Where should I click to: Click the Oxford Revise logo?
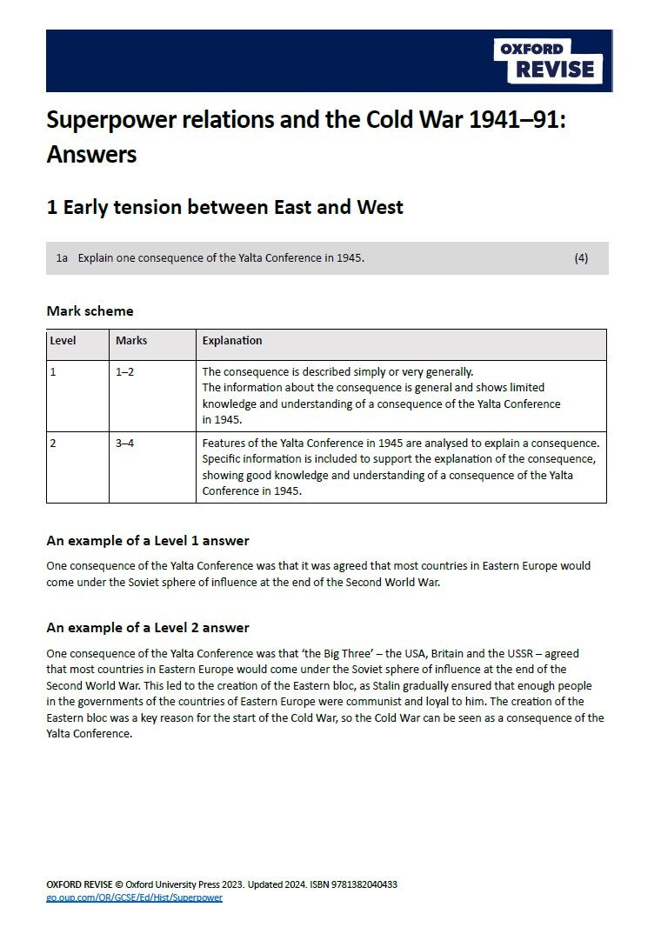click(x=548, y=60)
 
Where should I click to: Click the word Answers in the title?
click(x=91, y=155)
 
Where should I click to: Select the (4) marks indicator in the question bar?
click(x=581, y=258)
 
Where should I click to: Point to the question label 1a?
click(x=62, y=258)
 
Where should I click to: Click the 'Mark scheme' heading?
click(x=90, y=310)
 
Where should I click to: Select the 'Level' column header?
click(x=63, y=341)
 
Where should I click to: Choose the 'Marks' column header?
click(x=131, y=341)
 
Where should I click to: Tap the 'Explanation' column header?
click(x=232, y=341)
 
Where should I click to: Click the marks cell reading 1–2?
click(x=125, y=371)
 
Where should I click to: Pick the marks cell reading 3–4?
click(x=125, y=444)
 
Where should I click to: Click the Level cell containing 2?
click(x=53, y=444)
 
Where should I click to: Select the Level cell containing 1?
click(x=53, y=371)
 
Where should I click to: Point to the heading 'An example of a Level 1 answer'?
click(x=148, y=541)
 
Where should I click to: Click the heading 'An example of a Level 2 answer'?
click(x=148, y=628)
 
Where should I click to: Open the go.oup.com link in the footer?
click(x=134, y=897)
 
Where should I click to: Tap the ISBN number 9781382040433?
click(x=359, y=884)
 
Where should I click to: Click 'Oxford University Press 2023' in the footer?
click(x=182, y=884)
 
